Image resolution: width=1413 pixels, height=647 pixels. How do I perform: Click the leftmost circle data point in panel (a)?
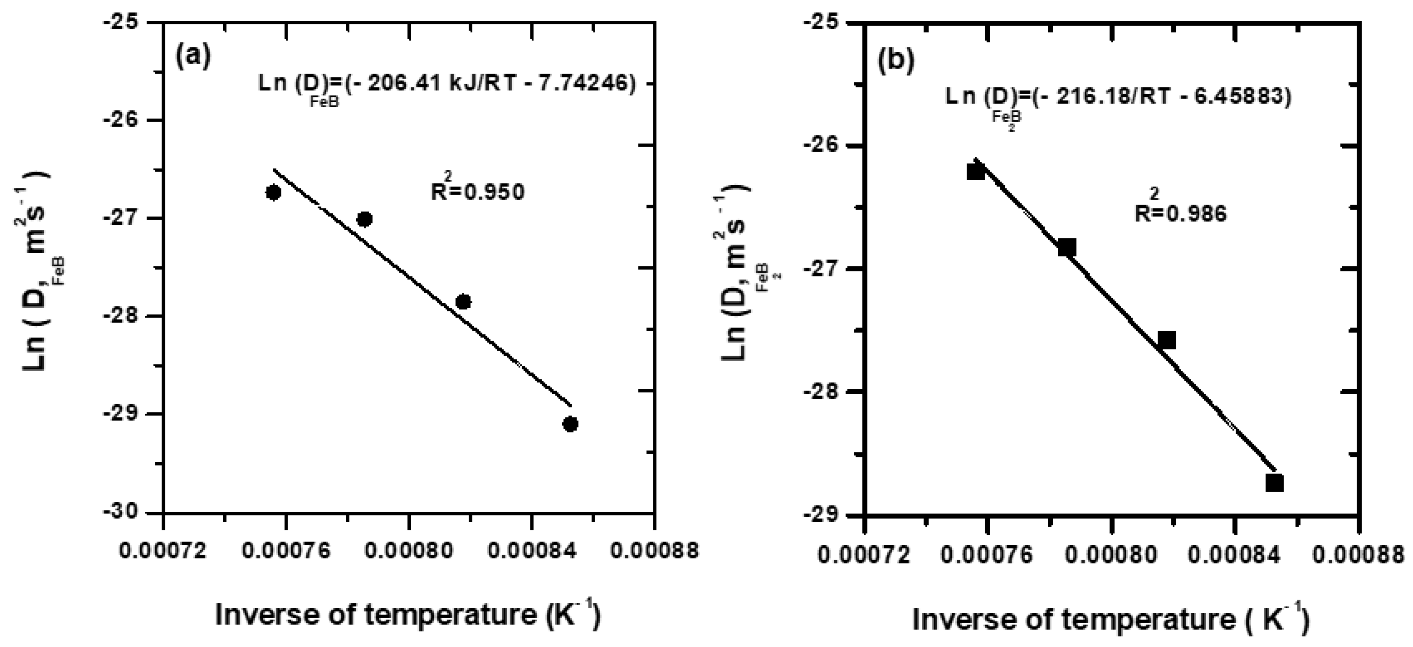tap(273, 192)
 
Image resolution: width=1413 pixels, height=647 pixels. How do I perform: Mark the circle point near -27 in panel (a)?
tap(364, 219)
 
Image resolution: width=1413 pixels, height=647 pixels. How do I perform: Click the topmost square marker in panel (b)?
tap(976, 172)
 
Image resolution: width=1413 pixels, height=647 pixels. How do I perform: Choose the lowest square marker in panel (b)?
tap(1274, 483)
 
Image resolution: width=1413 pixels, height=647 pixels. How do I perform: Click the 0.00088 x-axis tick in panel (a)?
tap(653, 550)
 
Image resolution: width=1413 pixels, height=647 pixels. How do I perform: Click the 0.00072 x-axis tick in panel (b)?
tap(863, 556)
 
